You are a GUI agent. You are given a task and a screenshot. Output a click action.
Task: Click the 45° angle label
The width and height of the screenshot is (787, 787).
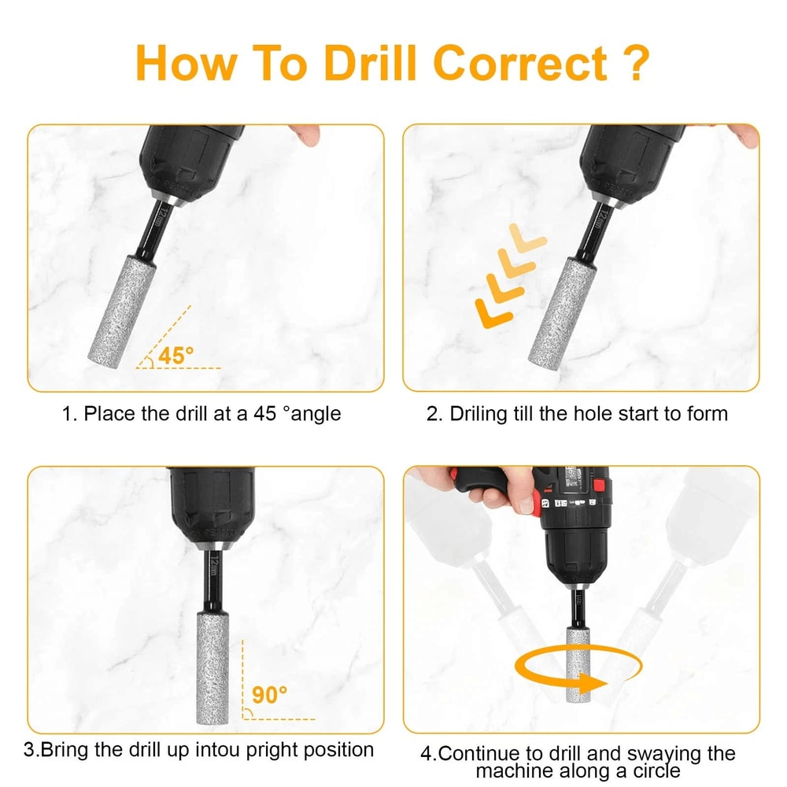pyautogui.click(x=176, y=356)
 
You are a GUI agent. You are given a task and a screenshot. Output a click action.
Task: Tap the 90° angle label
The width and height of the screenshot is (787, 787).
pyautogui.click(x=270, y=695)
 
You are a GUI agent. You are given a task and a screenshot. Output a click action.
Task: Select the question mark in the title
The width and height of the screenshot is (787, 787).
pyautogui.click(x=635, y=63)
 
